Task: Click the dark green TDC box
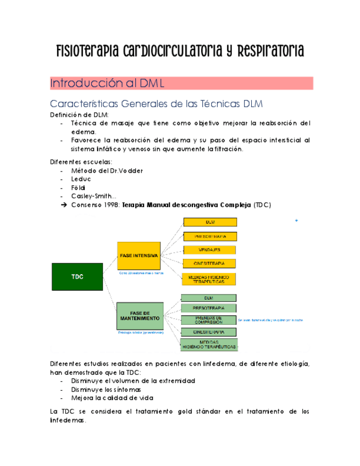coord(77,278)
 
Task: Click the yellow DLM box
coord(210,222)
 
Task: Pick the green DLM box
coord(208,297)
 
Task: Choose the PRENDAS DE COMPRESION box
coord(208,320)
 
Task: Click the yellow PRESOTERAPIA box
coord(210,236)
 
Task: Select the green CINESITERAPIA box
coord(208,332)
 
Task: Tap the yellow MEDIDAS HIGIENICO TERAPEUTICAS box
coord(209,279)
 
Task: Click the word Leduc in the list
coord(81,179)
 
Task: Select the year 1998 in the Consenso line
coord(110,205)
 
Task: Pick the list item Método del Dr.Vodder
coord(107,170)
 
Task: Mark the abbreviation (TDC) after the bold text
coord(262,205)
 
